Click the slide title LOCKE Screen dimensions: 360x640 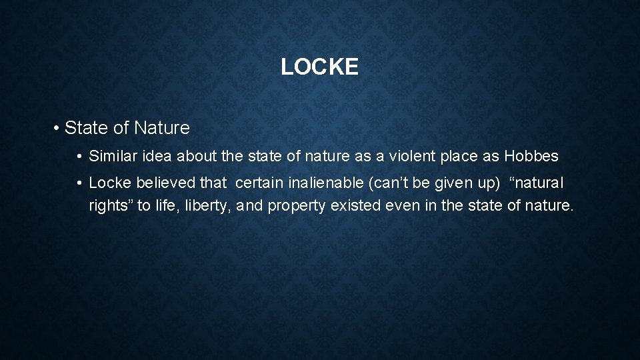tap(319, 67)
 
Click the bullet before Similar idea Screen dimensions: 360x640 tap(79, 157)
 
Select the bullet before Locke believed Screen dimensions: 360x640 tap(79, 183)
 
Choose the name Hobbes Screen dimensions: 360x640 tap(533, 157)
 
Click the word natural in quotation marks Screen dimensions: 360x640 tap(541, 183)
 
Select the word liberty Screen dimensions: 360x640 tap(205, 206)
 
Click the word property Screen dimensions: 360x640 tap(295, 206)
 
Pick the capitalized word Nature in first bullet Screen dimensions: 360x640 tap(162, 127)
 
